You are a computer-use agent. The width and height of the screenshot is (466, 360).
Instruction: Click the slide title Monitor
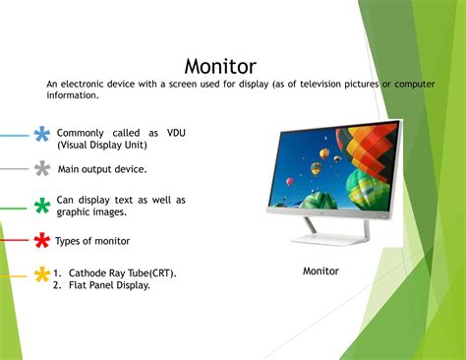click(x=220, y=66)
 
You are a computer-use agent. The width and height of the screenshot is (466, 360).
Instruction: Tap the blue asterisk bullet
click(x=42, y=134)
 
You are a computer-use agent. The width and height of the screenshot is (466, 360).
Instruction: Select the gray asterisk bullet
click(x=42, y=169)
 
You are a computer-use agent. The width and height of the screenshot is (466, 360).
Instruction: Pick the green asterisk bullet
click(x=42, y=206)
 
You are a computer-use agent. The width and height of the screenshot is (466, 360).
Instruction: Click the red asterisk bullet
click(x=42, y=240)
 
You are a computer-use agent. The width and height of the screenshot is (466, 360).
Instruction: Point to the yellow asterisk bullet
click(x=42, y=274)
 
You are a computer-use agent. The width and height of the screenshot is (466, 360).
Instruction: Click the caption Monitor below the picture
click(x=320, y=270)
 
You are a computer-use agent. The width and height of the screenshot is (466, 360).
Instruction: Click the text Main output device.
click(x=102, y=169)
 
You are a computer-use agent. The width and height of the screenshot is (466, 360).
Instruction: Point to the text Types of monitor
click(x=92, y=241)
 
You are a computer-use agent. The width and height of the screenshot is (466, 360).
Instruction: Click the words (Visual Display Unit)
click(x=101, y=145)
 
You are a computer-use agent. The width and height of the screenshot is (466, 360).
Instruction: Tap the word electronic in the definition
click(x=86, y=85)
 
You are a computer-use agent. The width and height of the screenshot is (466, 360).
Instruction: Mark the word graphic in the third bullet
click(x=75, y=211)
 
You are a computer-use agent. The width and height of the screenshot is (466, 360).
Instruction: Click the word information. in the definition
click(x=73, y=95)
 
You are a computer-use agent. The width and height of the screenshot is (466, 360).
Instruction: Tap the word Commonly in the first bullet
click(x=83, y=133)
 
